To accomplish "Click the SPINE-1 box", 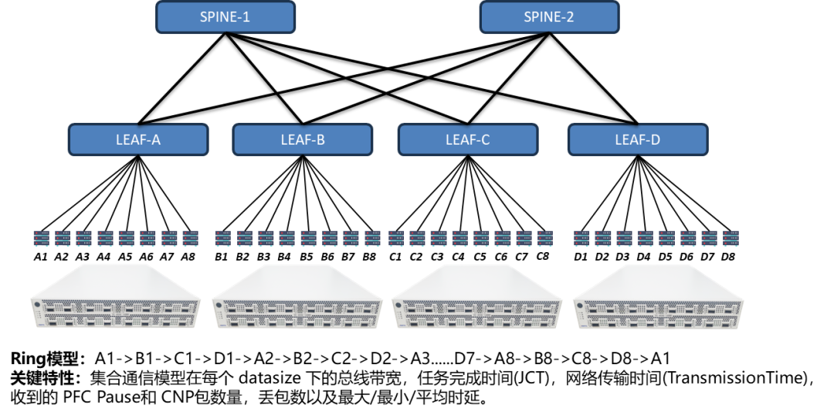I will click(x=225, y=17).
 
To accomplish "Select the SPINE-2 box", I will click(x=549, y=17).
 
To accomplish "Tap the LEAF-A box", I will click(x=138, y=140).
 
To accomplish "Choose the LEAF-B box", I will click(x=303, y=140).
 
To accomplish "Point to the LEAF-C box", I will click(x=468, y=140).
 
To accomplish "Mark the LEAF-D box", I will click(x=638, y=140).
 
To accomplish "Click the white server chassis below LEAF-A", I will click(x=116, y=297).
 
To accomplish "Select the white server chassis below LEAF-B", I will click(x=297, y=298).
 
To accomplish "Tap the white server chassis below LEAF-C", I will click(x=477, y=298).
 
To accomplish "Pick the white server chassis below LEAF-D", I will click(x=659, y=298).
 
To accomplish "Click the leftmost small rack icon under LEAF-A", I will click(x=41, y=238).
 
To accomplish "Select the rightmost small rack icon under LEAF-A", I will click(x=191, y=238).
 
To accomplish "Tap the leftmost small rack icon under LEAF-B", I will click(x=222, y=238).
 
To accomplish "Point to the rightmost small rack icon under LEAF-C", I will click(x=546, y=238).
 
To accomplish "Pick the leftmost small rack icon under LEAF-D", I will click(x=581, y=238).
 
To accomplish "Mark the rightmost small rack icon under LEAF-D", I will click(x=731, y=238).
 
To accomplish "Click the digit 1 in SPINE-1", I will click(x=246, y=17).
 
